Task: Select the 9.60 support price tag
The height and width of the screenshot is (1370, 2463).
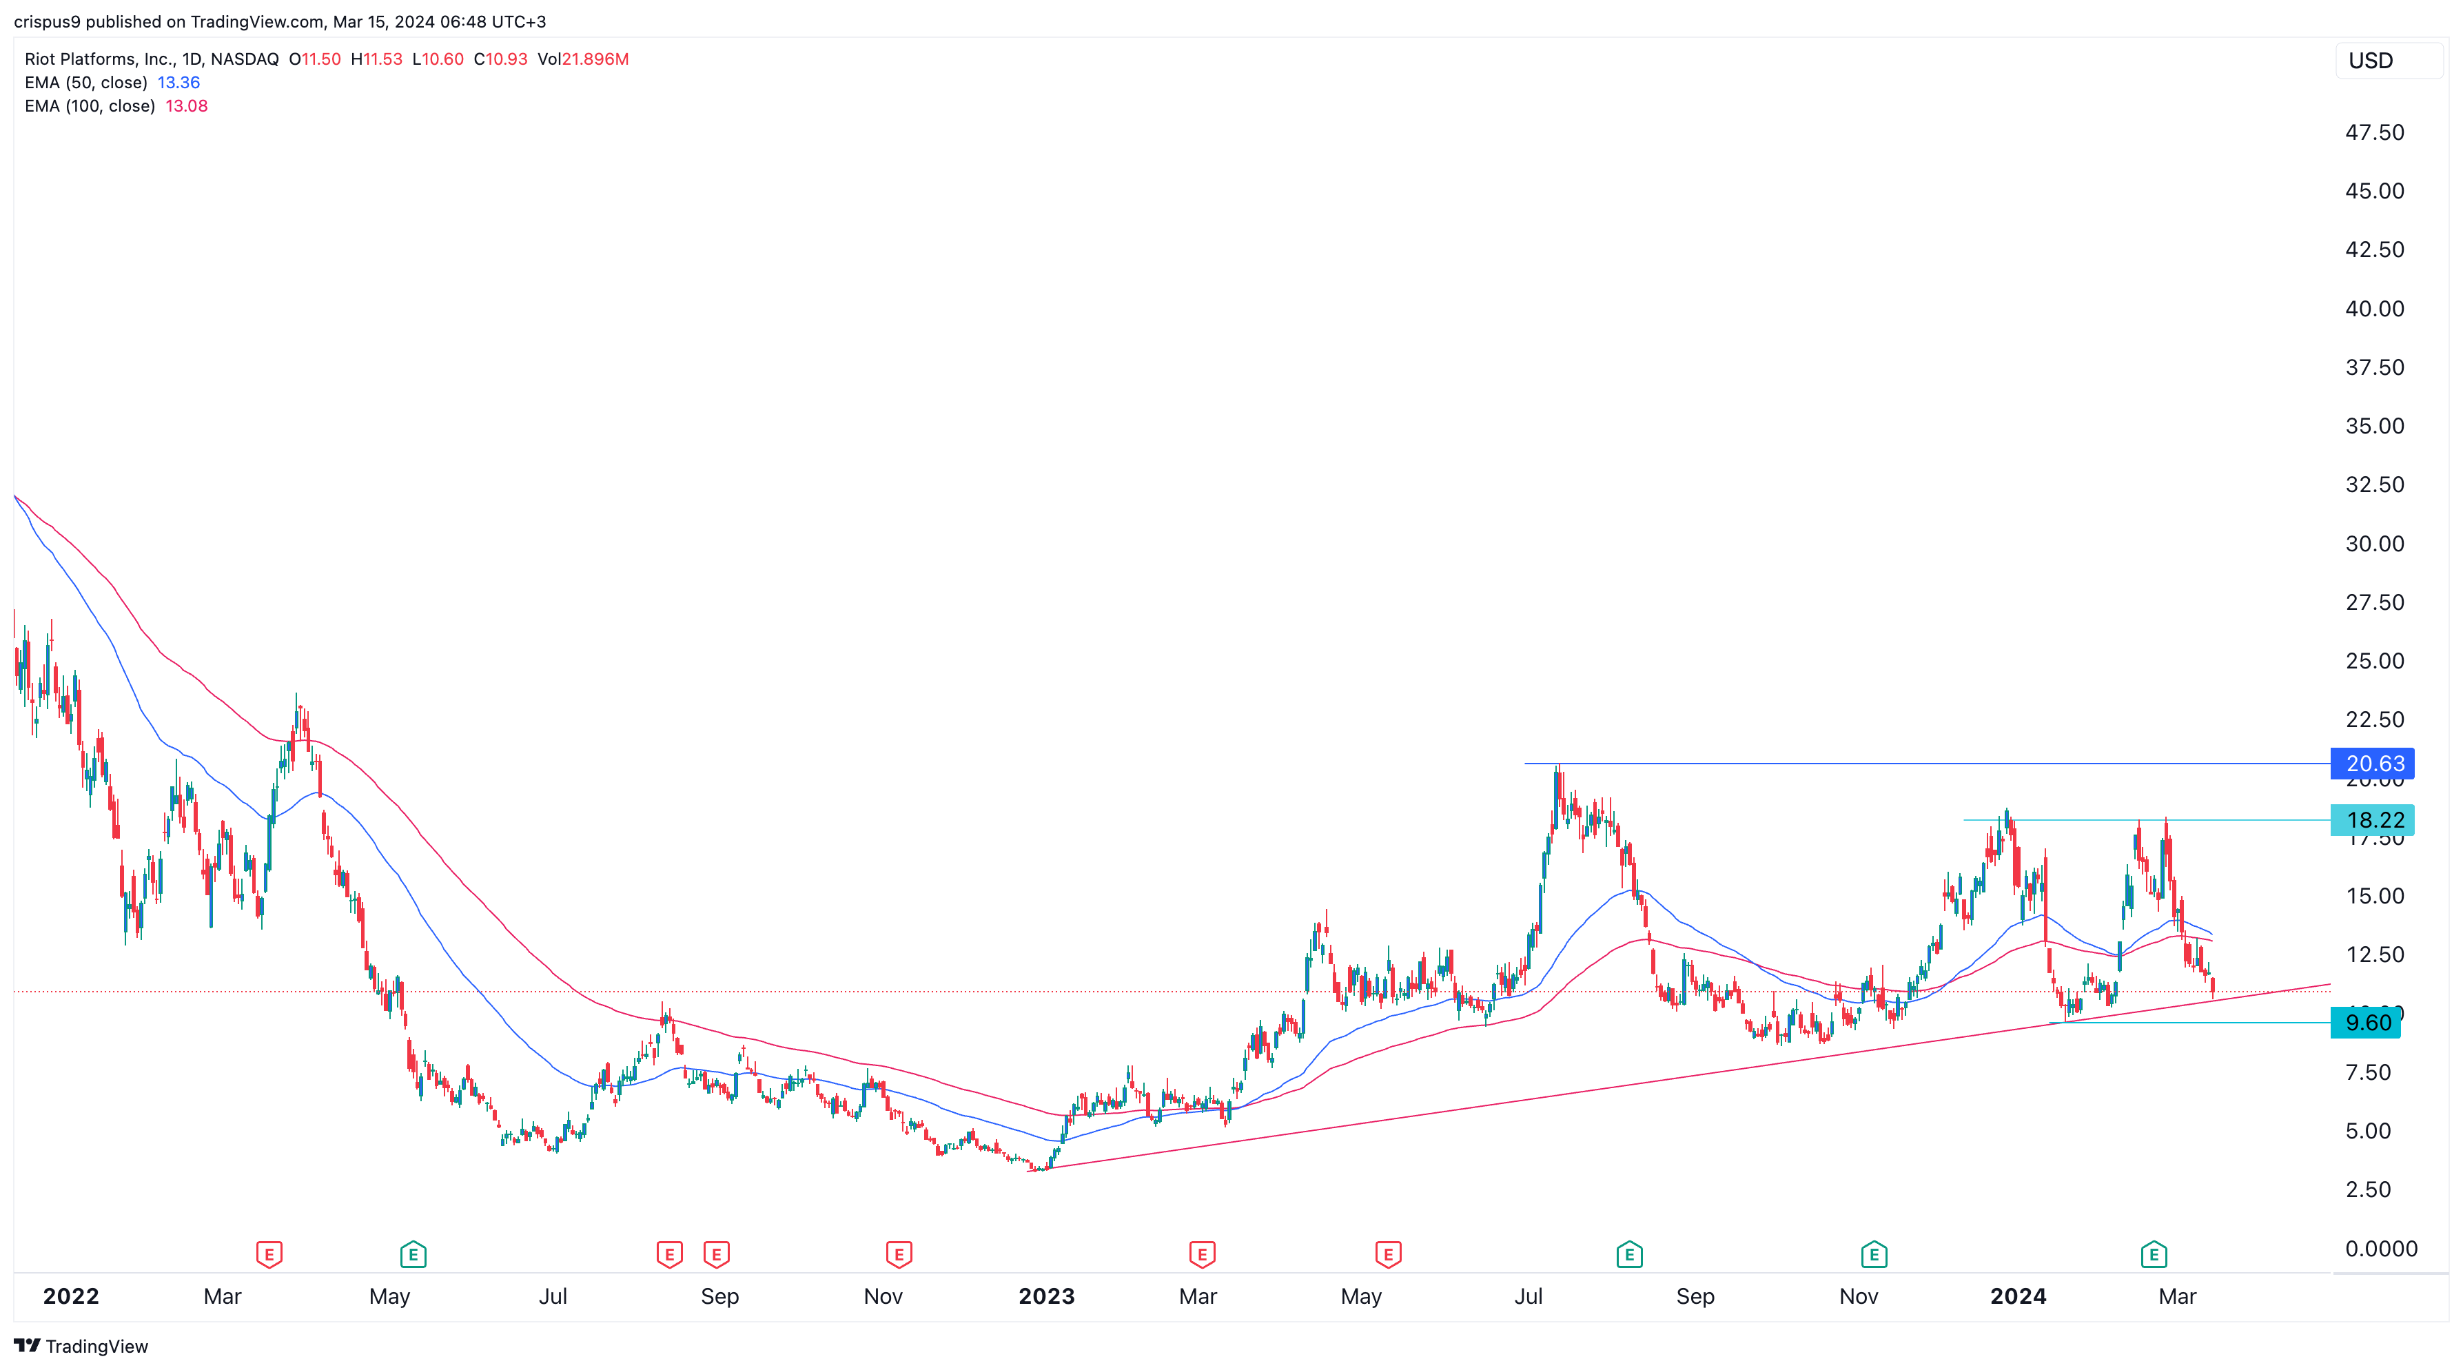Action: (2367, 1022)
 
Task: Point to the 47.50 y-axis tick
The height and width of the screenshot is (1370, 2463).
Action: (2374, 132)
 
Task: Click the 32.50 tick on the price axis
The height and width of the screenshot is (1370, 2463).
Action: (2374, 484)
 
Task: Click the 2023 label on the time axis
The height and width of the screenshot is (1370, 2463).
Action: (1046, 1296)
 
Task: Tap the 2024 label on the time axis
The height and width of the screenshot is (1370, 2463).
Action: (2017, 1296)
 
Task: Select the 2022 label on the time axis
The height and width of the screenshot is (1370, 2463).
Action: (71, 1296)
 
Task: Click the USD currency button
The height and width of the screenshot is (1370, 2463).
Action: (2371, 60)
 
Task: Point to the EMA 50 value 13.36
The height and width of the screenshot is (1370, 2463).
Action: (178, 82)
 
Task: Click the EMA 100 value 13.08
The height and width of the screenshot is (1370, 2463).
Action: (187, 106)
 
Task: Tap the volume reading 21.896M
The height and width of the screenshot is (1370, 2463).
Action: (595, 59)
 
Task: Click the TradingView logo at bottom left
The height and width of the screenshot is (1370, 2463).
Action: (81, 1346)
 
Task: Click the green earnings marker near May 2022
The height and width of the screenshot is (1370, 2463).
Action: (413, 1254)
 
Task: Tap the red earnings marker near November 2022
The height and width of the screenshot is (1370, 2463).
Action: (899, 1254)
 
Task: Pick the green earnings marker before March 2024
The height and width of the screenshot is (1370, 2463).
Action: (2153, 1254)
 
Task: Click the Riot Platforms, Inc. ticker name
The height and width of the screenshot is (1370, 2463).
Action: (99, 59)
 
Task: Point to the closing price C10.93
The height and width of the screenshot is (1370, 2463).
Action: (500, 59)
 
